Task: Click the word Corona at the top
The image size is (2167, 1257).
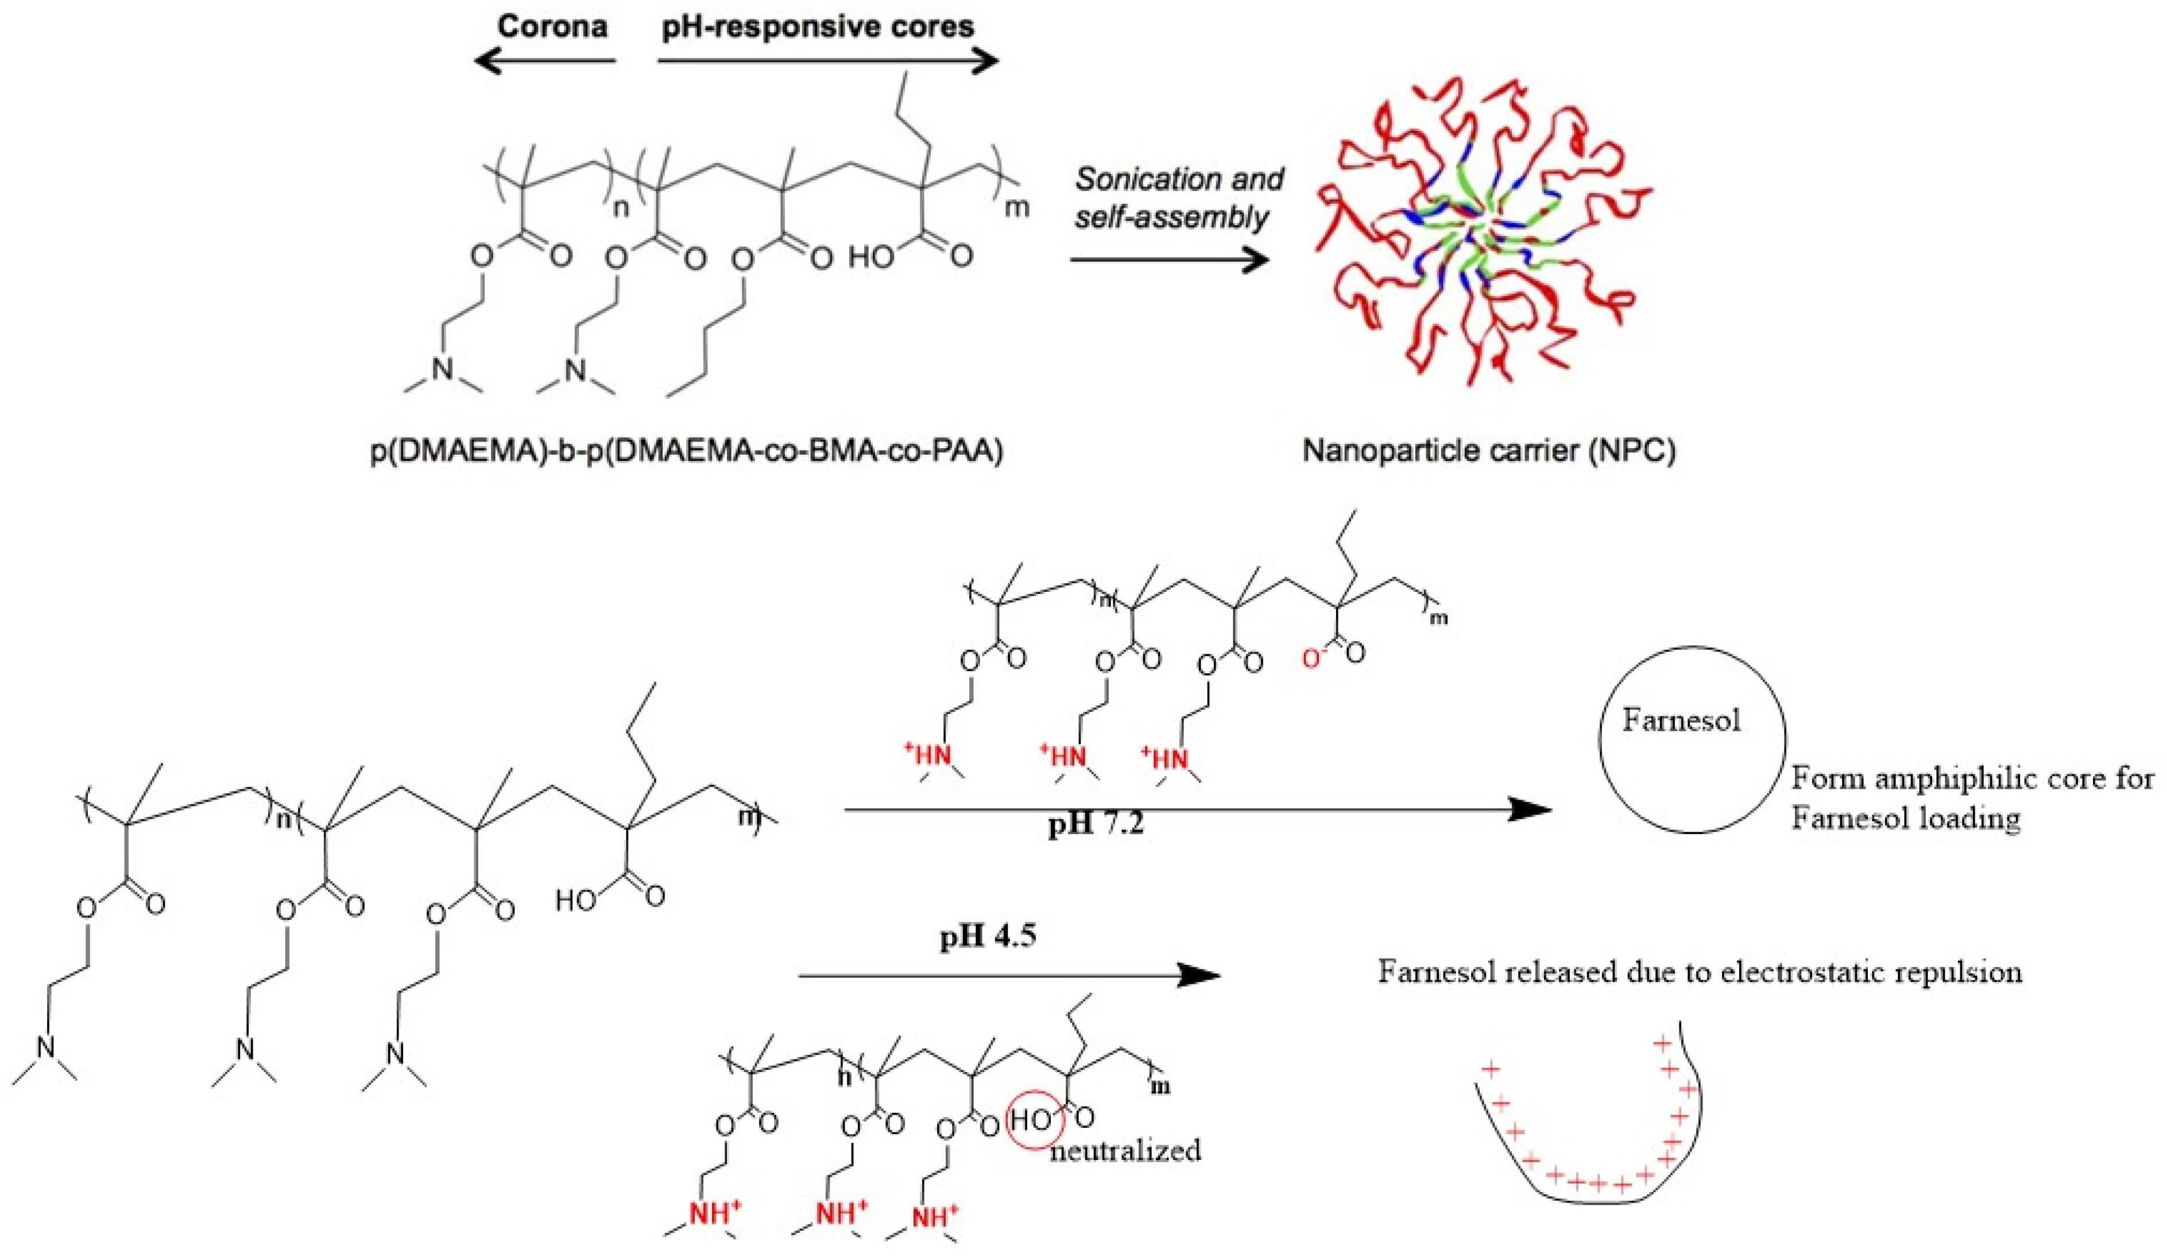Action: coord(552,26)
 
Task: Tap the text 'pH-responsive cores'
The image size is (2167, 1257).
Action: coord(818,26)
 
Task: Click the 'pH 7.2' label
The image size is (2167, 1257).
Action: coord(1096,827)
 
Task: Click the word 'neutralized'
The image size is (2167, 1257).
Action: coord(1125,1150)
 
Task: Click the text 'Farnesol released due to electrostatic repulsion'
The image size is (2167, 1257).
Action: coord(1699,972)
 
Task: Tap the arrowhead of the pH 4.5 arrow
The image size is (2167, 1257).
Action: coord(1199,975)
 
